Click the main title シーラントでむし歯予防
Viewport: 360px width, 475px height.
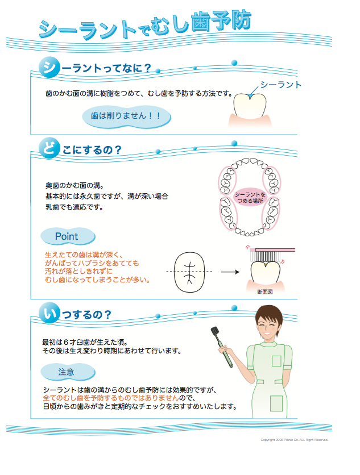144,26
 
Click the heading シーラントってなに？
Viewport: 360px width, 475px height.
95,67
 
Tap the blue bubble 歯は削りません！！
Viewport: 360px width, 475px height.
126,116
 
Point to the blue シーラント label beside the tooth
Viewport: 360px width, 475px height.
280,85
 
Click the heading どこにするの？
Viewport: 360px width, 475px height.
80,149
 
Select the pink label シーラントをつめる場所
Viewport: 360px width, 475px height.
250,198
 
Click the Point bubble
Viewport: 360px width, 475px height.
68,236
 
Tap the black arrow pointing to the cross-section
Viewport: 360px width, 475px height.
230,272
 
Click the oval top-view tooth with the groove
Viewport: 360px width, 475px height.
189,272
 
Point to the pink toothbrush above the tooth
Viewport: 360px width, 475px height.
271,255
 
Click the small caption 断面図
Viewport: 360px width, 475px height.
265,291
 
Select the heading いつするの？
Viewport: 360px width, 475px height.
75,314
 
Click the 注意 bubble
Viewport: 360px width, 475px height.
68,372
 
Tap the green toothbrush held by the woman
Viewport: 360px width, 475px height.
222,347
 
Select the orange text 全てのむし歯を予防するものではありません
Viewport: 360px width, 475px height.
111,398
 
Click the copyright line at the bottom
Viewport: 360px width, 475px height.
294,440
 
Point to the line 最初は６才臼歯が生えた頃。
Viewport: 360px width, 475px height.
85,342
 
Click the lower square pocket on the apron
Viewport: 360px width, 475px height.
276,403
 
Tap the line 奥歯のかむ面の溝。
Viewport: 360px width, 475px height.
75,185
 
